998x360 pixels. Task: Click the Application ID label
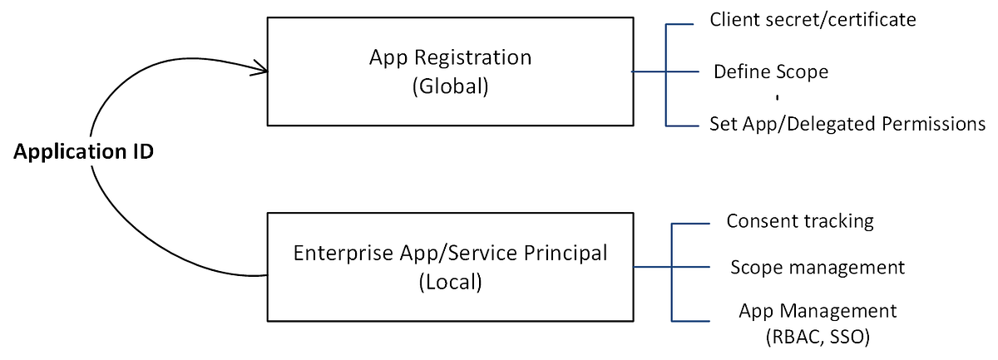point(83,153)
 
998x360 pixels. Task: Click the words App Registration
point(450,58)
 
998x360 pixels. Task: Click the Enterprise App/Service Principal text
point(450,253)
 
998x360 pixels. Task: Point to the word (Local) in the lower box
point(450,281)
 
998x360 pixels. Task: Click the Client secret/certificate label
point(813,19)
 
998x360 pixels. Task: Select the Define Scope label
point(771,72)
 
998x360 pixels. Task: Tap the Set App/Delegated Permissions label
point(847,125)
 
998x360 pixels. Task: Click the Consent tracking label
point(800,221)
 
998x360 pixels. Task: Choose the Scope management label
point(817,268)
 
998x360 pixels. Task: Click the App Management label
point(818,311)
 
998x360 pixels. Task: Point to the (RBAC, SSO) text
point(818,338)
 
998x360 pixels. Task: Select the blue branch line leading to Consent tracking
point(690,223)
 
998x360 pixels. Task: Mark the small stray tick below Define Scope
point(777,98)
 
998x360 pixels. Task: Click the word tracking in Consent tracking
point(840,221)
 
